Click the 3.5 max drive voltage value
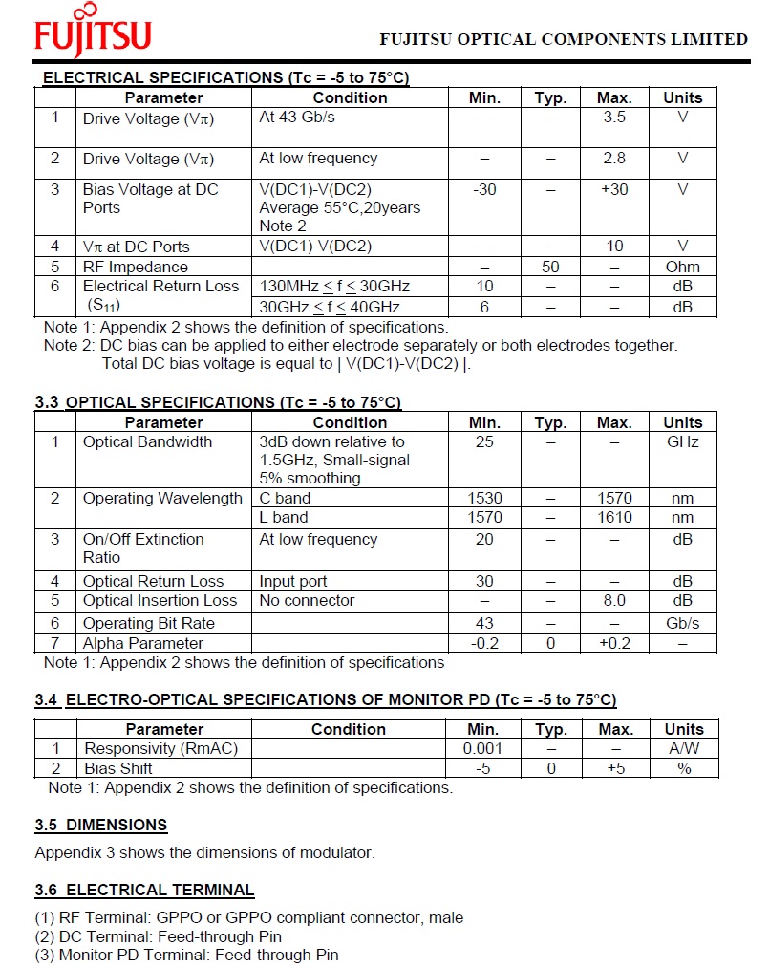point(614,118)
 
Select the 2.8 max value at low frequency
point(614,159)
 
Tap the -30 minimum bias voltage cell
point(484,189)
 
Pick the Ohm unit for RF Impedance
point(682,267)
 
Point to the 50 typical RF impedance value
point(550,267)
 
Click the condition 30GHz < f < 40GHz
point(330,307)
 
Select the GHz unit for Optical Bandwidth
point(682,442)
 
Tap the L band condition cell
point(284,517)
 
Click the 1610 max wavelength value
point(614,517)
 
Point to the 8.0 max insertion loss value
point(614,601)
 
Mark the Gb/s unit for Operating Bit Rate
point(682,623)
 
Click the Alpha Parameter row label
point(142,643)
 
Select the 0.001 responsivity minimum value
point(482,748)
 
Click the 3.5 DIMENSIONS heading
point(101,825)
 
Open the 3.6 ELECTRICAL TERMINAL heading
point(144,891)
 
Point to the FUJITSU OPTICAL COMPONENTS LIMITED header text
point(564,39)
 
